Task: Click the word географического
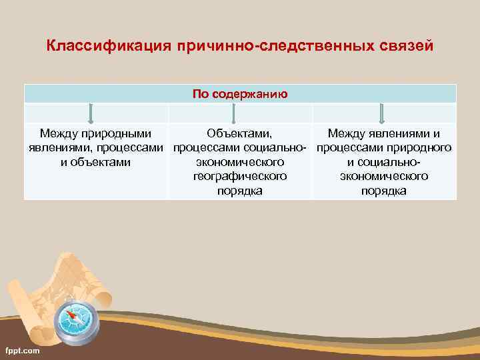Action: [x=240, y=176]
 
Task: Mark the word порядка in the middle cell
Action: [x=240, y=191]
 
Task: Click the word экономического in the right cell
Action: [x=384, y=176]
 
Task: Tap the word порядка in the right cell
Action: [x=384, y=191]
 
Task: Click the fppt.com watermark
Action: [x=22, y=350]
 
